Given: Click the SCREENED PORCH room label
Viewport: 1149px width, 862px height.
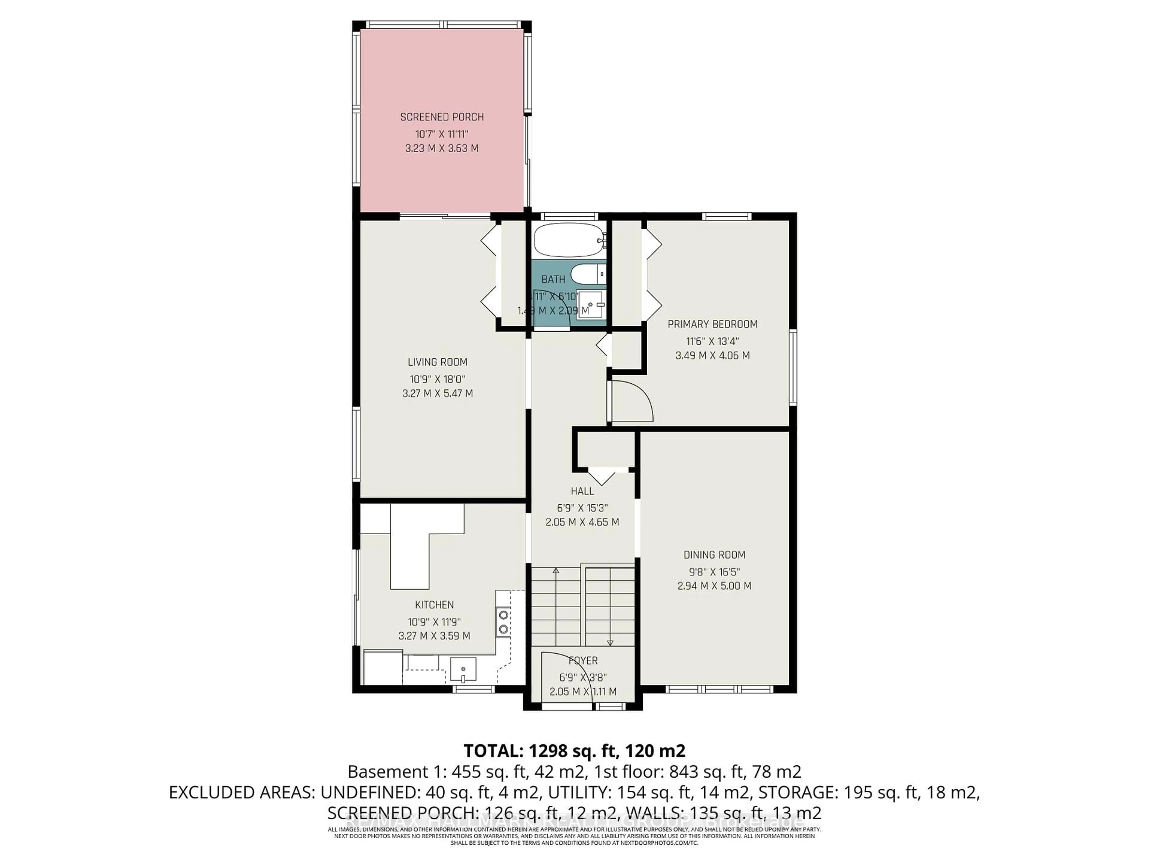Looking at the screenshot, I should (442, 117).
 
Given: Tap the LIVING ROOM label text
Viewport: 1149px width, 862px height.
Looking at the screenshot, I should (437, 362).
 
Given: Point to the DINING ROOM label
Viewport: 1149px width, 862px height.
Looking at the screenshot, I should (714, 555).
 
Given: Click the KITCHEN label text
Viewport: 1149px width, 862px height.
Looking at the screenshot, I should (434, 605).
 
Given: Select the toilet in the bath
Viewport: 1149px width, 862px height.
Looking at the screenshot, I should (587, 273).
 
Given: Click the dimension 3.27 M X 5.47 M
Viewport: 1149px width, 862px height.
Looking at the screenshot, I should (437, 393).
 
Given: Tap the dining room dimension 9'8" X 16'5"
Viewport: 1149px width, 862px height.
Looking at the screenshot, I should (714, 572).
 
